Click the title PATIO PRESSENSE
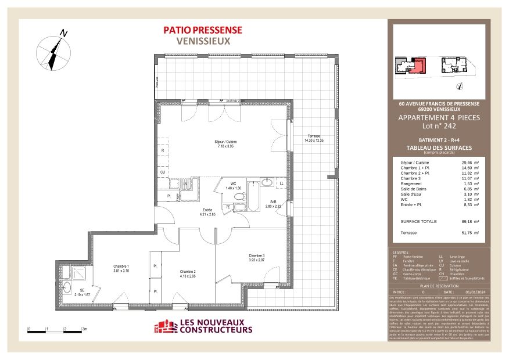[x=203, y=30]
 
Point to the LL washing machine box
[x=281, y=183]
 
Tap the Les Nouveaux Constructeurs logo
[x=203, y=327]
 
